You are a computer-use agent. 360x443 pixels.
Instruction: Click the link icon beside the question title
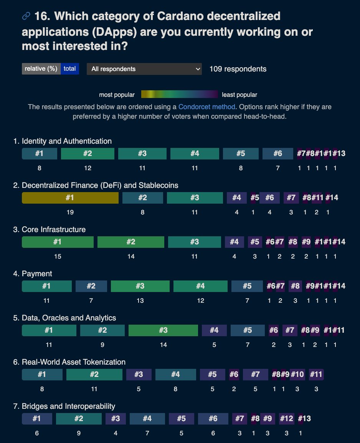click(26, 16)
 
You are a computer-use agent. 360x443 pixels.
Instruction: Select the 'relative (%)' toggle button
click(41, 69)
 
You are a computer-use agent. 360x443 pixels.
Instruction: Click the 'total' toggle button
click(70, 69)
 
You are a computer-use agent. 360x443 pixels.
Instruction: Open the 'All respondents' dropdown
click(144, 69)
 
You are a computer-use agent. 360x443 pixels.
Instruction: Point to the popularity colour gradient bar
click(179, 95)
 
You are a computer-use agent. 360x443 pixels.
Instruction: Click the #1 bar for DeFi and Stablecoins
click(70, 198)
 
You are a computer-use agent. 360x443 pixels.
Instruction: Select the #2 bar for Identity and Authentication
click(88, 154)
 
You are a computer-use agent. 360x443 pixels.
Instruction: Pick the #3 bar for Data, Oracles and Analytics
click(163, 330)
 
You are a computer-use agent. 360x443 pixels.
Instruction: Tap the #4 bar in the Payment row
click(200, 286)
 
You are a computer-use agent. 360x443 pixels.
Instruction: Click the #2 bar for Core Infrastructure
click(131, 242)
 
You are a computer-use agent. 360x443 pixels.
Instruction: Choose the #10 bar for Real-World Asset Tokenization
click(297, 375)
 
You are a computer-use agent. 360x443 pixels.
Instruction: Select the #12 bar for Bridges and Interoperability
click(286, 419)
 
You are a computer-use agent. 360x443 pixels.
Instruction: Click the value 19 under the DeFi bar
click(70, 212)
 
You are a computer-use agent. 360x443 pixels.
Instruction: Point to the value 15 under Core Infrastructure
click(58, 256)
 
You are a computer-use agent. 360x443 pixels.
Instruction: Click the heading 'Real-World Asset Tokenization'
click(74, 362)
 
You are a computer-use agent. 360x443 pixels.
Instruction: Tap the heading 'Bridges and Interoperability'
click(68, 406)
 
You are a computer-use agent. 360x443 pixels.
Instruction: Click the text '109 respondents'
click(238, 69)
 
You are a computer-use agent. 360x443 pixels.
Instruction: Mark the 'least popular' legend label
click(239, 95)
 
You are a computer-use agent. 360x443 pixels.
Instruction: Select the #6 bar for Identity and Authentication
click(277, 154)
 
